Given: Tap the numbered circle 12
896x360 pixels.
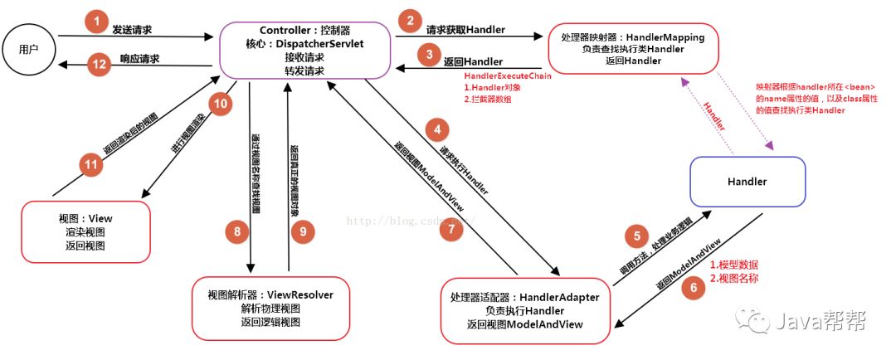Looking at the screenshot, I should click(99, 65).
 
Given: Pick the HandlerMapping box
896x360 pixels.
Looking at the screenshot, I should click(632, 50).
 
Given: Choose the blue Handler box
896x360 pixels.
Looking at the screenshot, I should click(747, 181).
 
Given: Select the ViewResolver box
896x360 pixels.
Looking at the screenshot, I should click(270, 308).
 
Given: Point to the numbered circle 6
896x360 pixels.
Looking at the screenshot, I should click(692, 287).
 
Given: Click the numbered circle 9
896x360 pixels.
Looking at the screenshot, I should click(303, 232).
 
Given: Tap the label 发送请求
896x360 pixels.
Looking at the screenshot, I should click(132, 30).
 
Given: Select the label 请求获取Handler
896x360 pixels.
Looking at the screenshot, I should click(465, 30).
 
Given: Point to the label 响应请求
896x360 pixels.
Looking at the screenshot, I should click(140, 59).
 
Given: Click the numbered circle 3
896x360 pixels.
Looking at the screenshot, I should click(428, 56).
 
